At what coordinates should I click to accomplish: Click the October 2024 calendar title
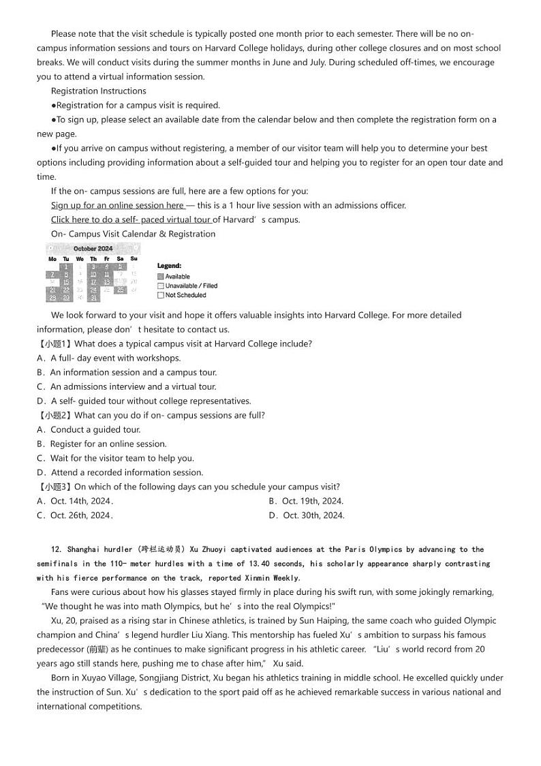(x=93, y=249)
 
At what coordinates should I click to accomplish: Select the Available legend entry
(x=174, y=277)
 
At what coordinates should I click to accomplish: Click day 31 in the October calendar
(x=93, y=298)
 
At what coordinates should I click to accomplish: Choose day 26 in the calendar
(x=120, y=290)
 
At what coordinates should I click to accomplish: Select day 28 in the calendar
(x=52, y=298)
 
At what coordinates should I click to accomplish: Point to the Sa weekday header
(x=120, y=259)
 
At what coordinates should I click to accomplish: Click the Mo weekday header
(x=52, y=259)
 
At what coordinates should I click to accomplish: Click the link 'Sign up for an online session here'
(x=117, y=205)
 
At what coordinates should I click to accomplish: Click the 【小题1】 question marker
(x=54, y=343)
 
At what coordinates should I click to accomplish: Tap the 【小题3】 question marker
(x=54, y=487)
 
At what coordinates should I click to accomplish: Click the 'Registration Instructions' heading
(x=98, y=91)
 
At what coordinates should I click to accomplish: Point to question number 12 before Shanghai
(x=55, y=549)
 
